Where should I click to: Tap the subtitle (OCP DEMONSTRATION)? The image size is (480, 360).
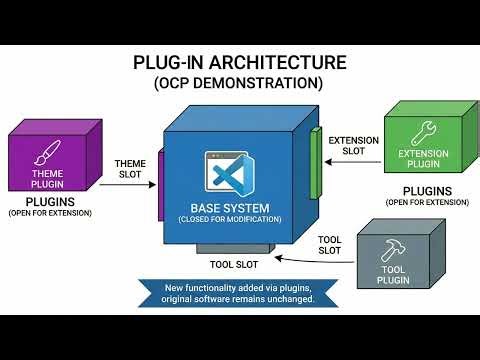tap(240, 84)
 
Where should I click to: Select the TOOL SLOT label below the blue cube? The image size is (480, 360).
tap(233, 266)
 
